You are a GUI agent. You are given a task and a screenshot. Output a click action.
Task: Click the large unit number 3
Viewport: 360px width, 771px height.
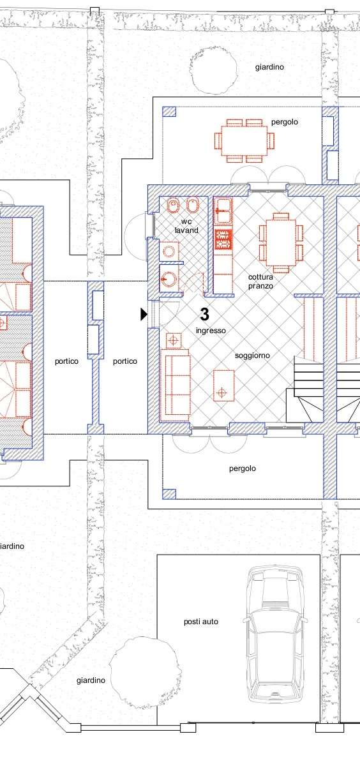204,314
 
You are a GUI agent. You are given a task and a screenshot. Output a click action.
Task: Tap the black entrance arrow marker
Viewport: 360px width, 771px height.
144,314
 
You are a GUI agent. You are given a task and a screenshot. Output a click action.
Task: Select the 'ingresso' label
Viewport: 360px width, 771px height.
211,331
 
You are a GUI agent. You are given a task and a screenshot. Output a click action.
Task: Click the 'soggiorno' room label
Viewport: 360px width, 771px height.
252,356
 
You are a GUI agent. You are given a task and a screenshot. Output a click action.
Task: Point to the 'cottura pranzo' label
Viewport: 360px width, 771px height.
260,281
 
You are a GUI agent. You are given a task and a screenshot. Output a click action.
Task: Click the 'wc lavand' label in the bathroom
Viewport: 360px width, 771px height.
186,226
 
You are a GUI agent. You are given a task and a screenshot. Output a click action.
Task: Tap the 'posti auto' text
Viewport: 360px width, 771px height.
201,622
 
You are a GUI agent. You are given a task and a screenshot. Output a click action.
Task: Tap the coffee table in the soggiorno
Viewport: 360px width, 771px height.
223,385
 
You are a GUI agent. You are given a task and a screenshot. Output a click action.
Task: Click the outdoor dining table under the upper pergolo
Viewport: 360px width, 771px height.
244,140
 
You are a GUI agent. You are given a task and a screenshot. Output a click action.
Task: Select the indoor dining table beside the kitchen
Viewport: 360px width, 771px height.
281,243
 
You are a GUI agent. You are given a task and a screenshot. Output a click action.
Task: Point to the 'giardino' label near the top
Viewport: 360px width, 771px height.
269,67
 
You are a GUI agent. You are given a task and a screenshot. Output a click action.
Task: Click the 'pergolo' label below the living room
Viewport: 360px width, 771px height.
243,468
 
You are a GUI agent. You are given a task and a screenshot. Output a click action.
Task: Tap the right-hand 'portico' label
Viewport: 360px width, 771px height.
125,361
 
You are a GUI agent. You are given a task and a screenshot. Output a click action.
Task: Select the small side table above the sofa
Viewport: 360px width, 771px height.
174,341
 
